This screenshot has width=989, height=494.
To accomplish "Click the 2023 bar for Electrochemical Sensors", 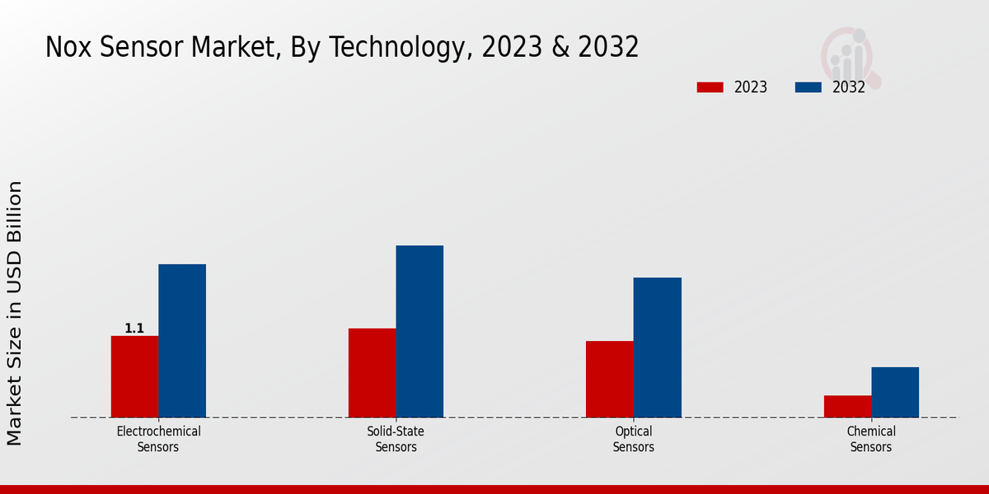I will click(134, 376).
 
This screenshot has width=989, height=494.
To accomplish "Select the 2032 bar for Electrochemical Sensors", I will click(182, 341).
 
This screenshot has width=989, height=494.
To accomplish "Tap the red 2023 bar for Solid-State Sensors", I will click(372, 373).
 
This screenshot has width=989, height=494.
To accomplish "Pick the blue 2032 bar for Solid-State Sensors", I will click(420, 331).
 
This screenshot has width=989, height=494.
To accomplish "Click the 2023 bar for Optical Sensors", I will click(610, 379).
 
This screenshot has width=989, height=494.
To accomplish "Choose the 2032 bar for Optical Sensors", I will click(657, 347).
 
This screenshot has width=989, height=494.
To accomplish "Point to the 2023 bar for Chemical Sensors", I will click(847, 406).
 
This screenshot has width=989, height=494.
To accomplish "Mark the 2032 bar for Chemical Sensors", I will click(895, 392).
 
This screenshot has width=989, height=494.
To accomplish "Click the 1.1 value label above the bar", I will click(134, 329).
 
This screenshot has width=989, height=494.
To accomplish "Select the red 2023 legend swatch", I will click(710, 87).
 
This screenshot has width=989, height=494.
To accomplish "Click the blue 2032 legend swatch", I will click(808, 87).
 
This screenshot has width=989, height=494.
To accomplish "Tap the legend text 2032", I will click(849, 87).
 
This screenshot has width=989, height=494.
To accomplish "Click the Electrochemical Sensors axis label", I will click(158, 439).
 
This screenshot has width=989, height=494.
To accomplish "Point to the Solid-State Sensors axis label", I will click(396, 439).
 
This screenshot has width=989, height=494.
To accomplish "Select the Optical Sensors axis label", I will click(633, 439).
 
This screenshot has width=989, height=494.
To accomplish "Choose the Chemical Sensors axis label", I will click(871, 439).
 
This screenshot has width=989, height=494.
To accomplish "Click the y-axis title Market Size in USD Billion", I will click(15, 313).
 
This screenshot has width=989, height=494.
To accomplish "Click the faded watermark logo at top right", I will click(849, 56).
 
